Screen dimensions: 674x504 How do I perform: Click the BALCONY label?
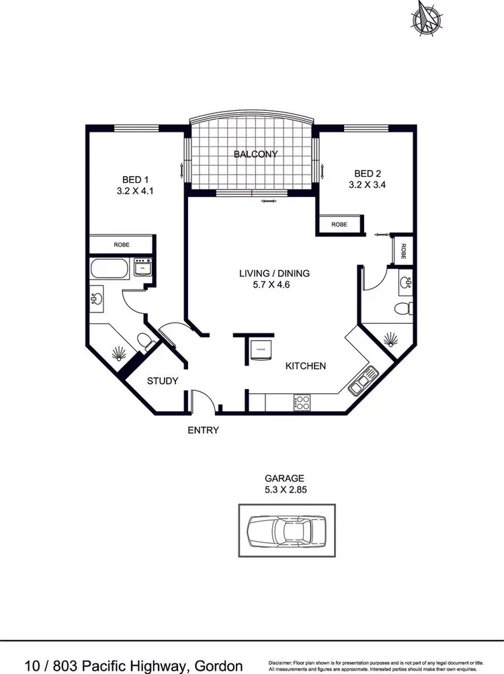pyautogui.click(x=255, y=155)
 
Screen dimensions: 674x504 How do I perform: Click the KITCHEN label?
pyautogui.click(x=306, y=366)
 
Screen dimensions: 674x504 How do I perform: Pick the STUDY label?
pyautogui.click(x=163, y=381)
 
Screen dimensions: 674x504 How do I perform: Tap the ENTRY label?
pyautogui.click(x=203, y=430)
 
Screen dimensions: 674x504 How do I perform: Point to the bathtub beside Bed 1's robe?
pyautogui.click(x=109, y=269)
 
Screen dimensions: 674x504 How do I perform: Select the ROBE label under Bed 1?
pyautogui.click(x=122, y=245)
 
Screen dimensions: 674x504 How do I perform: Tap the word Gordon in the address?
pyautogui.click(x=214, y=666)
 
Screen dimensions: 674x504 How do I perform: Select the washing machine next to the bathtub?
pyautogui.click(x=142, y=267)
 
